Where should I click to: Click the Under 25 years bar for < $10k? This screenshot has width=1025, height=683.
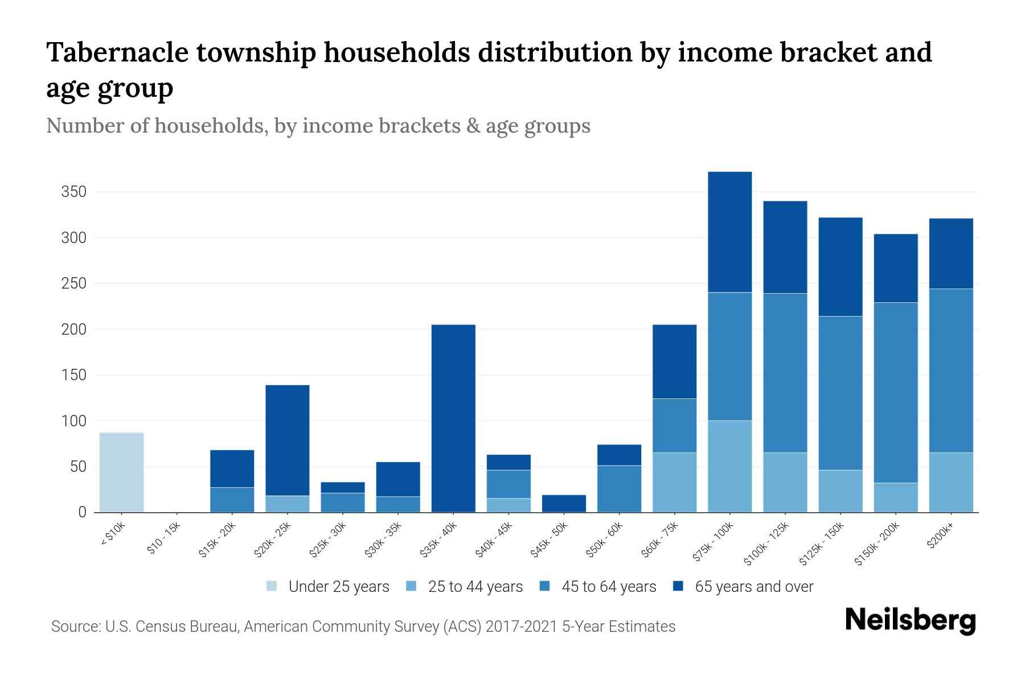click(121, 472)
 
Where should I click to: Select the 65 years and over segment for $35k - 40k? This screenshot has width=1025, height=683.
click(453, 418)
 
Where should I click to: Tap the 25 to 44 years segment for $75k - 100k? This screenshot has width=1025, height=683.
click(729, 467)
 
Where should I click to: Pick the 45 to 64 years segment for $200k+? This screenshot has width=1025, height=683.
click(950, 371)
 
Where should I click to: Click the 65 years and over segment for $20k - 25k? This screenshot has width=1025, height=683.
click(288, 441)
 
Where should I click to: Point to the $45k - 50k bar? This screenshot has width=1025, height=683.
click(564, 504)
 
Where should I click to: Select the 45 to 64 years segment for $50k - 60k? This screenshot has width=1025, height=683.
click(619, 489)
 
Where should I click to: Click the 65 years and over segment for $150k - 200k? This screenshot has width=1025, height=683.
click(895, 268)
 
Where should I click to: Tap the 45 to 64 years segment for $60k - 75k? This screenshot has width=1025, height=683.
click(674, 426)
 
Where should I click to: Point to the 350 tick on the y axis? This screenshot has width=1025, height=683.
click(74, 192)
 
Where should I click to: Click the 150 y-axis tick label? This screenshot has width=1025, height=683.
click(74, 375)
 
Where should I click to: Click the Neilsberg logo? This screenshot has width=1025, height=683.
click(910, 620)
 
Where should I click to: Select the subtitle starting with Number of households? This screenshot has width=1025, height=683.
click(318, 126)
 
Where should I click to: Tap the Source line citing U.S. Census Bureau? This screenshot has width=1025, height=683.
click(363, 627)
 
